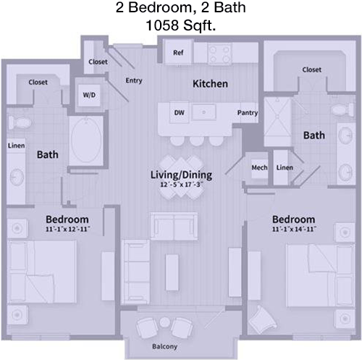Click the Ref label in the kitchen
[x=178, y=53]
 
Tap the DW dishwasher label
[x=179, y=112]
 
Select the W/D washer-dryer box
[x=89, y=95]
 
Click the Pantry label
[x=248, y=113]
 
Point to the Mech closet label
[x=259, y=167]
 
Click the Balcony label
[x=164, y=347]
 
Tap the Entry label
[x=134, y=80]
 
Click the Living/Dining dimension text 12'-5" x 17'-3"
[x=182, y=185]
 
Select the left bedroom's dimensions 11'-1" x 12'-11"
[x=68, y=229]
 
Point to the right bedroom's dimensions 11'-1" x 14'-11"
[x=294, y=229]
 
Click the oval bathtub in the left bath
[x=86, y=141]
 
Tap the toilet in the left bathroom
[x=20, y=122]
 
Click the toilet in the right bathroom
[x=343, y=110]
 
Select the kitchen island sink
[x=203, y=112]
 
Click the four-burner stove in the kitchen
[x=219, y=54]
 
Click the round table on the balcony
[x=165, y=322]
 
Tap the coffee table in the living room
[x=172, y=272]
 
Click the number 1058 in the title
[x=163, y=25]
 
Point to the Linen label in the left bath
[x=17, y=146]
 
